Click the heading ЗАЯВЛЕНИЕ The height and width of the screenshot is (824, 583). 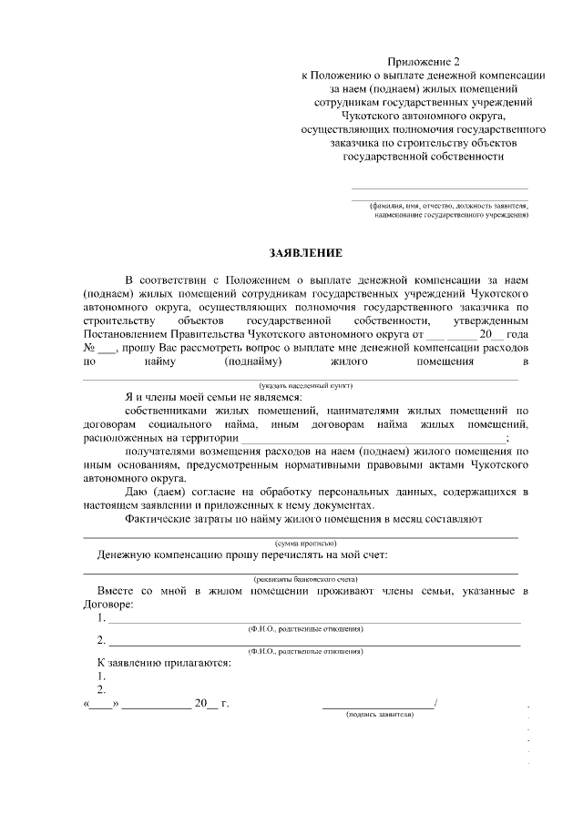305,252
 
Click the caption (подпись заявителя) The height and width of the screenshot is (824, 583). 380,715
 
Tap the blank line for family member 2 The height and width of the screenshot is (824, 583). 313,644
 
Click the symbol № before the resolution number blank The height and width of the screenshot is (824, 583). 90,348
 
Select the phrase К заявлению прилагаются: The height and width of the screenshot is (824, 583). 164,662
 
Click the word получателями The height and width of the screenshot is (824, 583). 164,451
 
